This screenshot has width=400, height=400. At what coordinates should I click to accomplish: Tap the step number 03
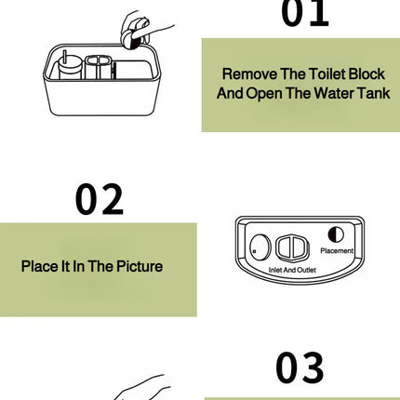[300, 368]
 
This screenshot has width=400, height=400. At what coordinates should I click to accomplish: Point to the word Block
[366, 73]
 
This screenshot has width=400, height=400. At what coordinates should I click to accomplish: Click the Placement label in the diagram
[336, 250]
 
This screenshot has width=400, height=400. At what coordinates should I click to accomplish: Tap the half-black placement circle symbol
[336, 235]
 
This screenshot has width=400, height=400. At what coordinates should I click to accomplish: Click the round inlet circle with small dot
[260, 248]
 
